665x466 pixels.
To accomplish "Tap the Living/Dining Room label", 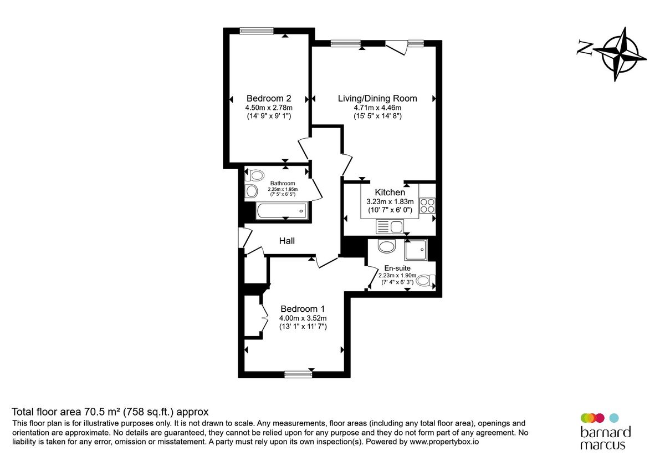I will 377,98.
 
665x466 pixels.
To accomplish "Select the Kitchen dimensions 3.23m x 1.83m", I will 390,202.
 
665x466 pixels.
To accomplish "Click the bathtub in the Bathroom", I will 281,210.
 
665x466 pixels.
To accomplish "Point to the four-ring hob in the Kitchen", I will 427,206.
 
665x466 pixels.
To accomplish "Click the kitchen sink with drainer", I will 390,226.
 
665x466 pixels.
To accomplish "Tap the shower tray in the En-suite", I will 416,251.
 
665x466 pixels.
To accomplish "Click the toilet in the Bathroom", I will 255,176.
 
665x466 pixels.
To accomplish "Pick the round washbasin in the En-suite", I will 385,246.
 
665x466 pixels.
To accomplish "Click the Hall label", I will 287,241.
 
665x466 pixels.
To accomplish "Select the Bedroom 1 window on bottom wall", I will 298,374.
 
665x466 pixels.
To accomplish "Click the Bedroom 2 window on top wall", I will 257,31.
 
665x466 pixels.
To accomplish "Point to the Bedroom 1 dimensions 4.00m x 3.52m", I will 303,318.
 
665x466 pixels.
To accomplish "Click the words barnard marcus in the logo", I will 605,438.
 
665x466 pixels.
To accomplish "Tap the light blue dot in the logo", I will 613,417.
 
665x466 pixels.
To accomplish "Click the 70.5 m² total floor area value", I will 103,412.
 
